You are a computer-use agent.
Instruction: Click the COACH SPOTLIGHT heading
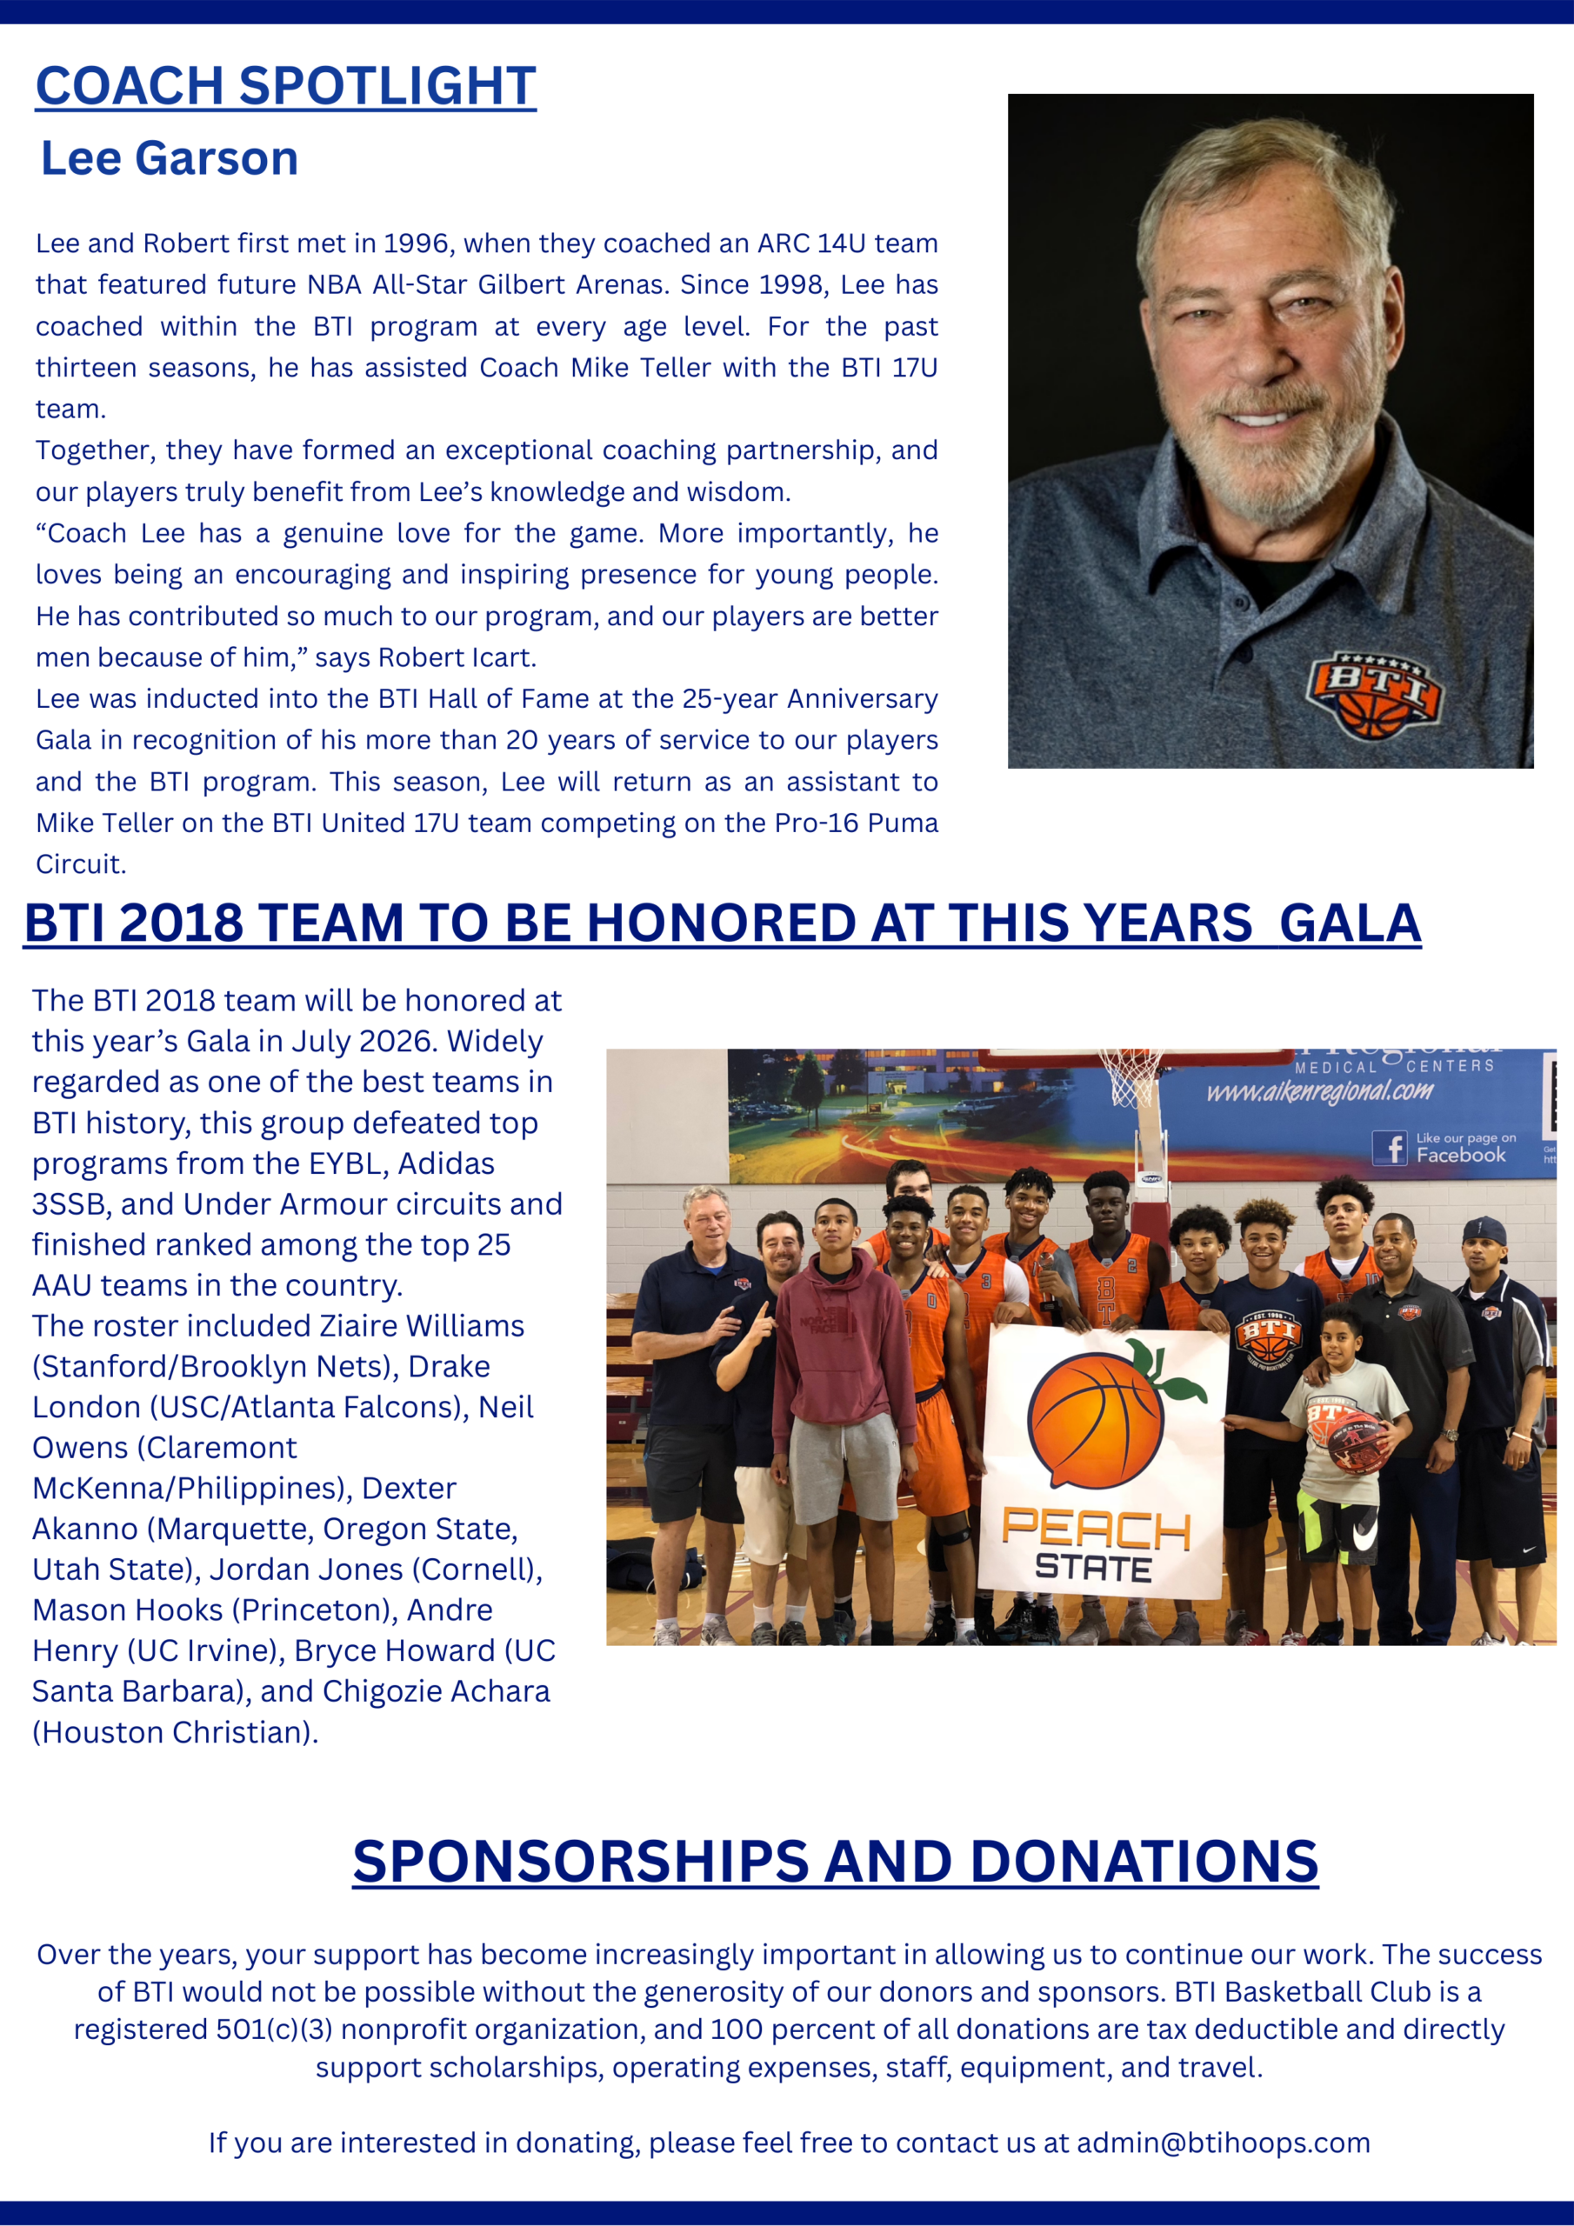point(285,85)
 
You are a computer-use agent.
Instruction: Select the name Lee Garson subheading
point(170,158)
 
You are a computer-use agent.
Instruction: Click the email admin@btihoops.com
point(1223,2142)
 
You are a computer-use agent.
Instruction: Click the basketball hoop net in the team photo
point(1130,1077)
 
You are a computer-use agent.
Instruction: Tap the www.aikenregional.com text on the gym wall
point(1319,1091)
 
